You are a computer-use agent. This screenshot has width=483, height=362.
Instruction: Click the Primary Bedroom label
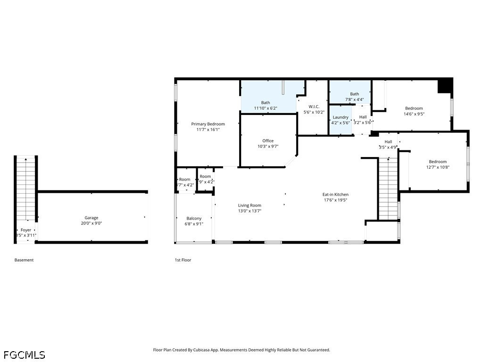[208, 124]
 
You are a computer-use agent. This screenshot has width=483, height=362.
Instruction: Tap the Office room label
[268, 141]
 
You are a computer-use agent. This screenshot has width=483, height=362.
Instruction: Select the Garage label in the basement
[92, 218]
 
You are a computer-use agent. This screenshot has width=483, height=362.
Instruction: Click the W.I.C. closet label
[314, 107]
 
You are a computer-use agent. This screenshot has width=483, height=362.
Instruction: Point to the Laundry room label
[341, 117]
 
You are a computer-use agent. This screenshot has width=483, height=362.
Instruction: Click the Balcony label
[194, 218]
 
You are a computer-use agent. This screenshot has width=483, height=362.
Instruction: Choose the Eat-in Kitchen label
[335, 194]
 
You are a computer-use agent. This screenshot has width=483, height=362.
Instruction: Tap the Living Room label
[250, 205]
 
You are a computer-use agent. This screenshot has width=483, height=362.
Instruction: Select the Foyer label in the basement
[26, 230]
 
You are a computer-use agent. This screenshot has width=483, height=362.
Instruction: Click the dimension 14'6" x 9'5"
[414, 114]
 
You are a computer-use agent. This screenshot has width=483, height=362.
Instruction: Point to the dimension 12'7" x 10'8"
[437, 167]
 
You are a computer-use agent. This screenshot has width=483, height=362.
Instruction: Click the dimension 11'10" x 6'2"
[266, 108]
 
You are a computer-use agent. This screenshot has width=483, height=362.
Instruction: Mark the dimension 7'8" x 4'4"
[354, 99]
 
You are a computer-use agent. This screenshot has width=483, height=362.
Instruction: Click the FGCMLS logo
[25, 354]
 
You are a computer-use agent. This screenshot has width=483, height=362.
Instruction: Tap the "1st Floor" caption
[183, 260]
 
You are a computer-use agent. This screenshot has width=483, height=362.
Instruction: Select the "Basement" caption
[24, 260]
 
